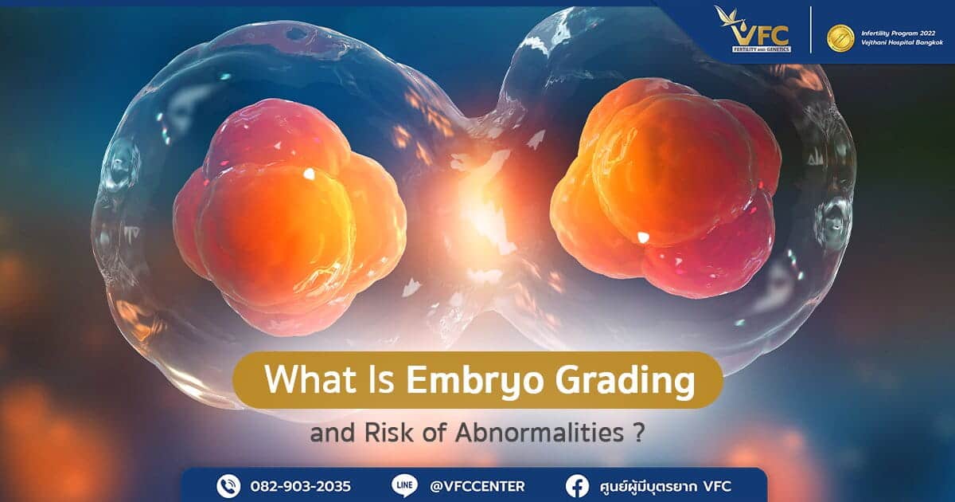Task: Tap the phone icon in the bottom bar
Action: pyautogui.click(x=228, y=485)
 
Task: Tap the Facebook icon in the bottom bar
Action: pyautogui.click(x=578, y=485)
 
